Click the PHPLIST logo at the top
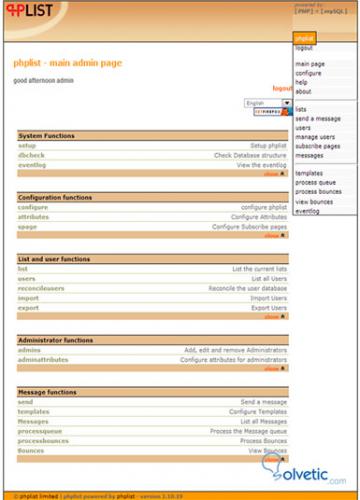[30, 12]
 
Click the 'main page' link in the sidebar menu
[309, 64]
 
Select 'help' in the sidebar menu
[302, 82]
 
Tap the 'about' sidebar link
[303, 91]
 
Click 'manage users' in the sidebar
[315, 137]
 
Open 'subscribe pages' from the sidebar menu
[317, 146]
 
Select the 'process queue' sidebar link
[317, 183]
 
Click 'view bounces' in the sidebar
[316, 202]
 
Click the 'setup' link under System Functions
[27, 146]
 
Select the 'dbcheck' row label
[31, 155]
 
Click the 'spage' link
[27, 227]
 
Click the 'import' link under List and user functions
[28, 298]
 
